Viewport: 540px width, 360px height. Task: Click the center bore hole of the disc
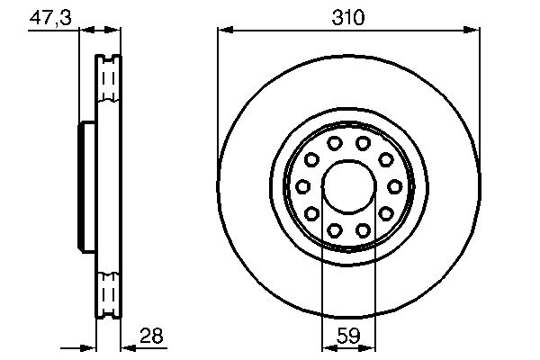[x=348, y=186]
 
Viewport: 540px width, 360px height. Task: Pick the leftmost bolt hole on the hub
[x=303, y=186]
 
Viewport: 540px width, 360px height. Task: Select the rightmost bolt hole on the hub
[x=393, y=186]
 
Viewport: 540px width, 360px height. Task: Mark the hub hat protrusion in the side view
[x=87, y=186]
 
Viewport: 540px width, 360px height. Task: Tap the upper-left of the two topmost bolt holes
[x=334, y=143]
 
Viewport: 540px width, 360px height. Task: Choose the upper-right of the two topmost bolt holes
[x=363, y=143]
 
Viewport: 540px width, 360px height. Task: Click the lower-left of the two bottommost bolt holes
[x=334, y=230]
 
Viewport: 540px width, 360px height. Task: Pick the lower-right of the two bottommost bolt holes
[x=363, y=230]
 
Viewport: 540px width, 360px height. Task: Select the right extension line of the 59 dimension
[x=374, y=288]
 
